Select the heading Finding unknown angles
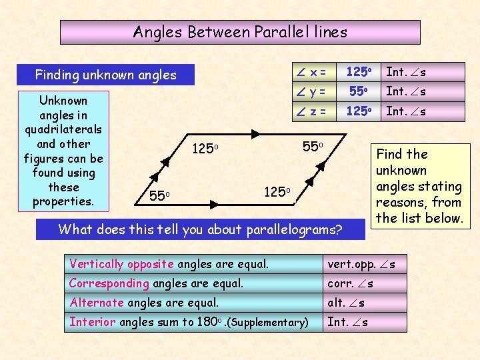point(105,75)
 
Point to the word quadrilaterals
point(63,129)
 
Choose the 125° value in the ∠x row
point(357,71)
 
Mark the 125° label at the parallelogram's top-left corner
point(205,147)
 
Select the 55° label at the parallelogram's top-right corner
point(311,145)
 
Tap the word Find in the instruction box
point(389,154)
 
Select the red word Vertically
point(95,264)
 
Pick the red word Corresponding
point(109,283)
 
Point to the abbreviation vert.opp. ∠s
point(361,264)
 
